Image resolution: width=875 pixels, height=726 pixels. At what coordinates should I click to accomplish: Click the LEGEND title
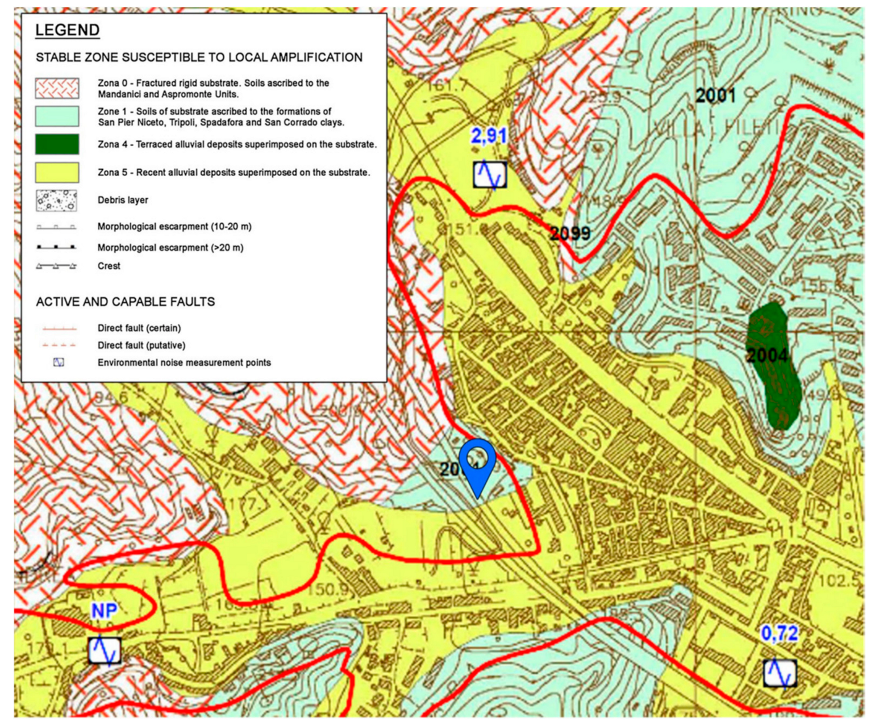(x=67, y=30)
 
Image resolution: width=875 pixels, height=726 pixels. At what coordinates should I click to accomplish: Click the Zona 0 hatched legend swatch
(x=57, y=89)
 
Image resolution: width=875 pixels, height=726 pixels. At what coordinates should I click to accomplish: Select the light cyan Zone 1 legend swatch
(x=57, y=116)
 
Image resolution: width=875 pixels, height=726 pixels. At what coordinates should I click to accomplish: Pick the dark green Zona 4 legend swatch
(x=57, y=144)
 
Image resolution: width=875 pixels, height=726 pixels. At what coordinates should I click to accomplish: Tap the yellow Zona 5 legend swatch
(x=57, y=172)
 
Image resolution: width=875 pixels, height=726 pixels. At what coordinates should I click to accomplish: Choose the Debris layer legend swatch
(x=57, y=200)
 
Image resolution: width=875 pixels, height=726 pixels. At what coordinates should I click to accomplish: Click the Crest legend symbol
(x=56, y=266)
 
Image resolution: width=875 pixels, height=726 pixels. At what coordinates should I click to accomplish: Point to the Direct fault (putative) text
(x=141, y=345)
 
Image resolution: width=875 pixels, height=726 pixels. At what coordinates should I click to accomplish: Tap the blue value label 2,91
(x=489, y=136)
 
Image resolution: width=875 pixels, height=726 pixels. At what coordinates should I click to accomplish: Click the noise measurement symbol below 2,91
(x=490, y=174)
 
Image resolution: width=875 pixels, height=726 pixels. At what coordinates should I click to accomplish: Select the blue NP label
(x=105, y=611)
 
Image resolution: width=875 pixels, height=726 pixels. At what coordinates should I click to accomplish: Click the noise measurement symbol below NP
(x=105, y=650)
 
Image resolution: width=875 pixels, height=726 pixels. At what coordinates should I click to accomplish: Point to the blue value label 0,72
(x=780, y=633)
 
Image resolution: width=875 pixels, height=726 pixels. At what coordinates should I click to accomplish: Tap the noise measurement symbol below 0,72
(x=780, y=673)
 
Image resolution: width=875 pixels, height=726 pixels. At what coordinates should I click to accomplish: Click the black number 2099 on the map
(x=570, y=233)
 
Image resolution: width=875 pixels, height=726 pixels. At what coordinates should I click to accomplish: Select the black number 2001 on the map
(x=715, y=96)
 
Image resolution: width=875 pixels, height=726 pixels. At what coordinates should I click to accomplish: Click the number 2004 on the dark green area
(x=767, y=356)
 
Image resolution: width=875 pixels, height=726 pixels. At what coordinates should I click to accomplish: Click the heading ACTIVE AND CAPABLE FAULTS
(x=125, y=302)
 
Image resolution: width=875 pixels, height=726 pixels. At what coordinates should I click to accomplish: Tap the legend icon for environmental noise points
(x=59, y=362)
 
